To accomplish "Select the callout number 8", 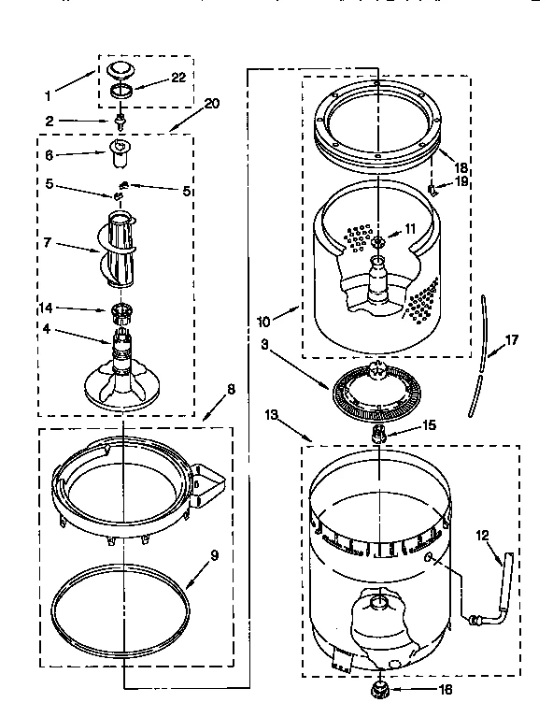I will [231, 389].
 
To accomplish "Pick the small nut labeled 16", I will [379, 690].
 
